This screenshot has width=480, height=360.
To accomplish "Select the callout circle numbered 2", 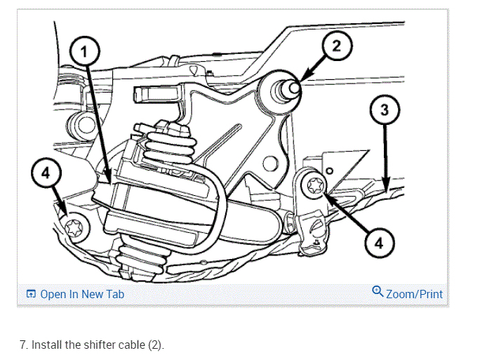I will tap(336, 47).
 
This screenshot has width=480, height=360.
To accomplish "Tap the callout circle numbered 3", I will tap(385, 110).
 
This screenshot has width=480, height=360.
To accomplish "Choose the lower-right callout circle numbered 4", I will tap(380, 243).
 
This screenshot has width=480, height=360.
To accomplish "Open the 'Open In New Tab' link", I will tap(81, 294).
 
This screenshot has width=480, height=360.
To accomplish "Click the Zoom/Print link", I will tap(414, 294).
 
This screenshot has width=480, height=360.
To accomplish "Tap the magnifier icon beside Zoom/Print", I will tap(378, 293).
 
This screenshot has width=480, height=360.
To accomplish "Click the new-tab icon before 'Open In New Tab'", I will tap(31, 294).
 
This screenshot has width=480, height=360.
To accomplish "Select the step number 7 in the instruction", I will tap(22, 345).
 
